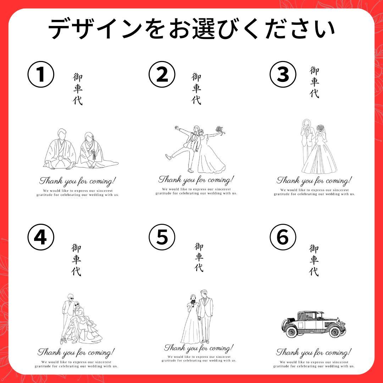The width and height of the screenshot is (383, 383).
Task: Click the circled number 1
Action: pos(41,74)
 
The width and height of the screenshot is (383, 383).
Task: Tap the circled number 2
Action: pos(162,74)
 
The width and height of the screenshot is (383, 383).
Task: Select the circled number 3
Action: pos(283,74)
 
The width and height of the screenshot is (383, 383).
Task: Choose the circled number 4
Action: pos(41,237)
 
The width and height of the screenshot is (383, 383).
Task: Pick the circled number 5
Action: pos(162,237)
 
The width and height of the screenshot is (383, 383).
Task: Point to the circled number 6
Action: pos(283,237)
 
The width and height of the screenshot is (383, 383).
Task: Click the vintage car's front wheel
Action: pos(335,332)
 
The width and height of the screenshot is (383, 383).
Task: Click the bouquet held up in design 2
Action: pos(220,130)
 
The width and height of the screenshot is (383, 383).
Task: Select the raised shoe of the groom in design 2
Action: pos(168,157)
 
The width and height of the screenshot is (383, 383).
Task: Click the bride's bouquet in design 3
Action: pos(320,128)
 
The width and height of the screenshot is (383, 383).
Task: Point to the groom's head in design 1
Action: pos(62,134)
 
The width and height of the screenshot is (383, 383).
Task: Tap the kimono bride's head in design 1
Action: pos(89,137)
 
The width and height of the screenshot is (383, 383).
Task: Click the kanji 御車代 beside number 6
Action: pos(314,260)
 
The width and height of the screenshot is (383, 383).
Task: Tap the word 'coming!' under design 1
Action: pos(102,182)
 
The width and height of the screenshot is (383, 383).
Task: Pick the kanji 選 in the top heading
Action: pos(204,29)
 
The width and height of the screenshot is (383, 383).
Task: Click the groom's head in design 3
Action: pos(306,123)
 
